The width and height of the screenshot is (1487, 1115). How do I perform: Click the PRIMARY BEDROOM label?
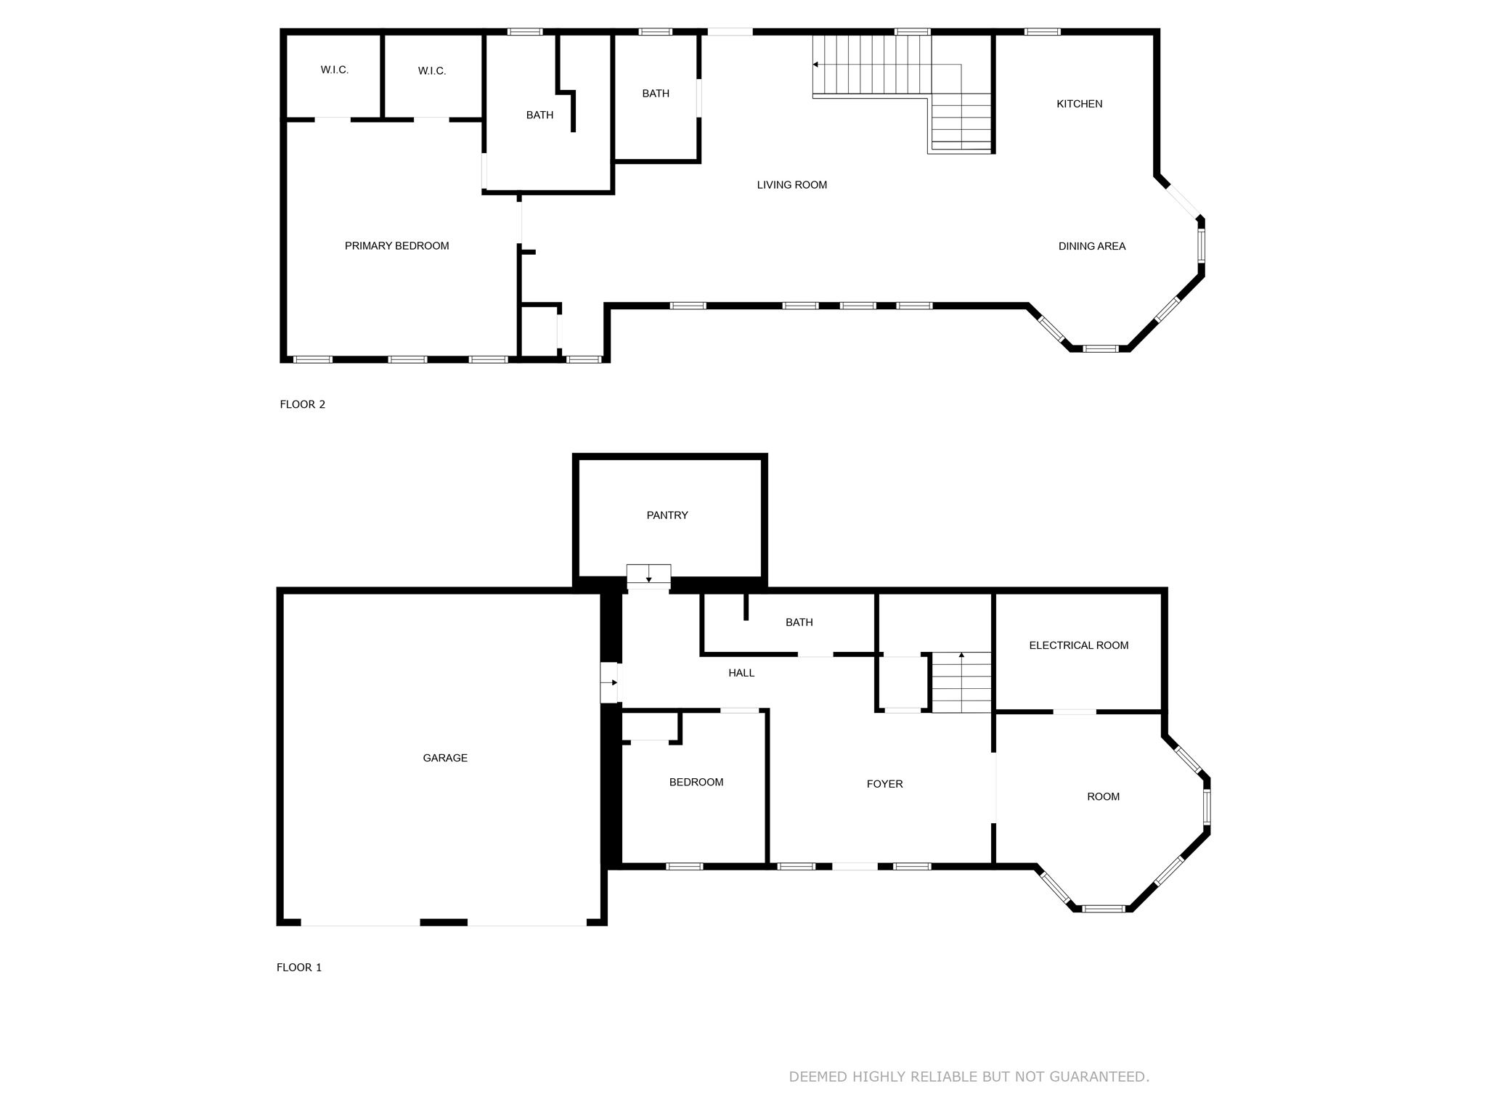[396, 246]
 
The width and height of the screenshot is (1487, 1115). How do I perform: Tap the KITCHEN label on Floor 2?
[1079, 104]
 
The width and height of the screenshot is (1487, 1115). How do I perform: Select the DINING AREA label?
[1091, 246]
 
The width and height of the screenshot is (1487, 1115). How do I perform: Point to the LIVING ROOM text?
[791, 185]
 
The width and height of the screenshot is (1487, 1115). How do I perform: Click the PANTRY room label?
[667, 515]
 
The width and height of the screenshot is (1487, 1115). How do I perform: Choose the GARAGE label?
[445, 758]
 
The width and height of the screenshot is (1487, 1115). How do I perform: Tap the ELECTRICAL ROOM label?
[1078, 645]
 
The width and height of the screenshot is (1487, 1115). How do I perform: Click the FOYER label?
[884, 784]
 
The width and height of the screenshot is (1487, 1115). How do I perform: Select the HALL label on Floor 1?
[741, 673]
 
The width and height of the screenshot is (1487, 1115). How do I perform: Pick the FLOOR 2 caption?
[302, 404]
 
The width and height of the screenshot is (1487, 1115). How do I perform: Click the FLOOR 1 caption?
[298, 968]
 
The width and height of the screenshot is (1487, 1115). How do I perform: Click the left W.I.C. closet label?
[335, 70]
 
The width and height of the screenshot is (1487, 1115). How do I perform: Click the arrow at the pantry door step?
[648, 579]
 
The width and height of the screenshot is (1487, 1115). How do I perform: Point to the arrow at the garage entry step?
[614, 682]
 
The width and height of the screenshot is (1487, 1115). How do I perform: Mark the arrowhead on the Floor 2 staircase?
[815, 65]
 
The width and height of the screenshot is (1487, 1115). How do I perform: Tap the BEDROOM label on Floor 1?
[696, 782]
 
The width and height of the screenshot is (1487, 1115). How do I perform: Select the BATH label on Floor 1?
[799, 622]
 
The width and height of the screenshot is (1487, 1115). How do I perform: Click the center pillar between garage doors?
[443, 923]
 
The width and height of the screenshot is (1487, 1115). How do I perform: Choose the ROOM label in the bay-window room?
[1103, 796]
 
